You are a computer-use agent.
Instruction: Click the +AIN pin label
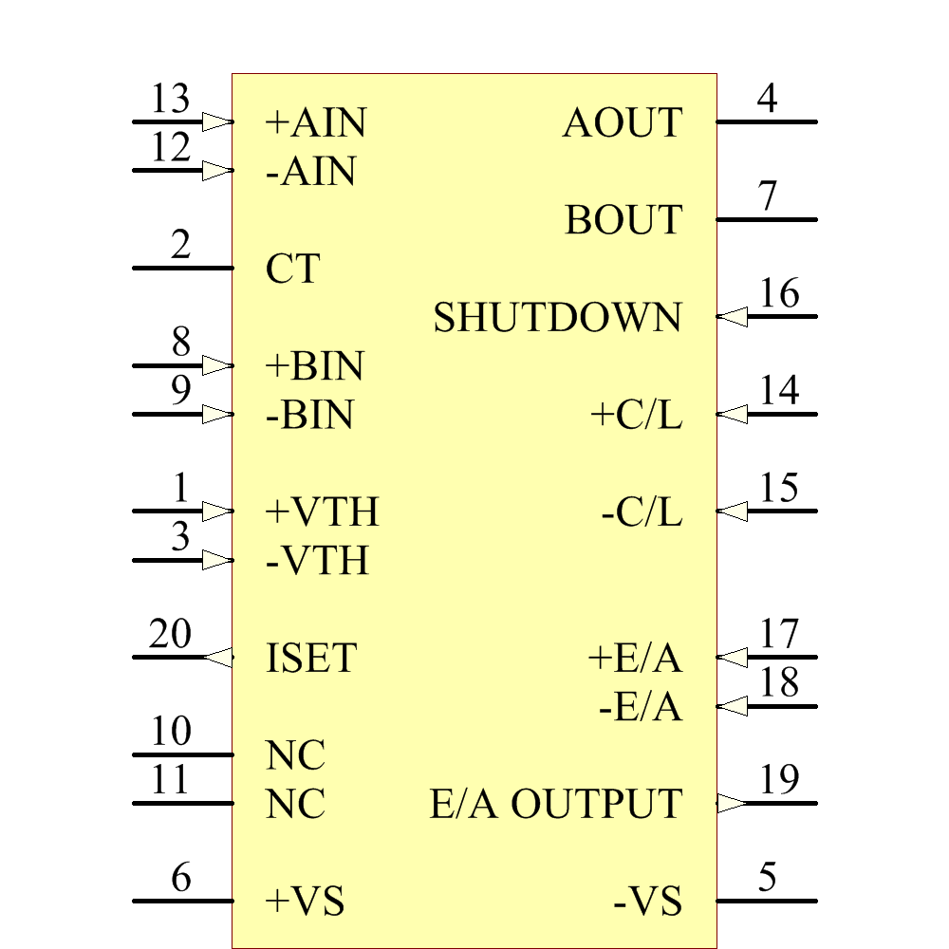316,122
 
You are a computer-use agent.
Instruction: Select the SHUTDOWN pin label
557,317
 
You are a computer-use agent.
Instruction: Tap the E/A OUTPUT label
556,804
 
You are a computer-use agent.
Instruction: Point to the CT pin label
292,269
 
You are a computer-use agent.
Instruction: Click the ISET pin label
311,658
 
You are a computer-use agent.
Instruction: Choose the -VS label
647,902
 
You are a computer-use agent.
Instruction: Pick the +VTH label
322,512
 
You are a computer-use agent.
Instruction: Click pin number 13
170,98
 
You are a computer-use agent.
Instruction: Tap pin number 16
779,293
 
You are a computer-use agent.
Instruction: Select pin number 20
170,634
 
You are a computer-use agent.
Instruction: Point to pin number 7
768,195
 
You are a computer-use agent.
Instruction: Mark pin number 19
779,779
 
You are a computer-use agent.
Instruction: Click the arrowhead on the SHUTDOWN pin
732,317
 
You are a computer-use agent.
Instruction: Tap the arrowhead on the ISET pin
218,658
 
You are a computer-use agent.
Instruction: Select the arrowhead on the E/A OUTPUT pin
732,803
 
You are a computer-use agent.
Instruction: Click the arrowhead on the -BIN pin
218,415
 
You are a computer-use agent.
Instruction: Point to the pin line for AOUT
767,122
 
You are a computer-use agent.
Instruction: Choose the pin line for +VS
183,902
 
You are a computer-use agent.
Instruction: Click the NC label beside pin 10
295,754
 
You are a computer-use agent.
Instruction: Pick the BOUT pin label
623,220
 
